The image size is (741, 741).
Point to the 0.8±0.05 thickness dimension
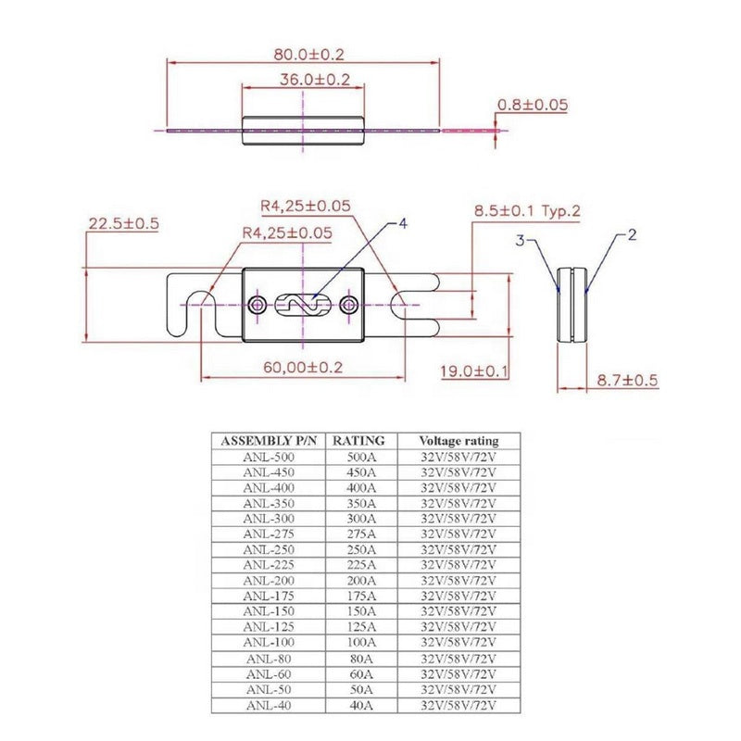point(532,105)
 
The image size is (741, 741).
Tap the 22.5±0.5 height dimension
point(124,223)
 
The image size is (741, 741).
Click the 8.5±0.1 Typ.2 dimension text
point(527,212)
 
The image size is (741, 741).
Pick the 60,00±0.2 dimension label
point(302,367)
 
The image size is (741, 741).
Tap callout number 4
point(404,223)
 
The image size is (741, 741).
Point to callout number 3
point(521,241)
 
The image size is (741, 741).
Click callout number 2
point(632,235)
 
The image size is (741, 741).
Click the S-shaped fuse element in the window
point(303,304)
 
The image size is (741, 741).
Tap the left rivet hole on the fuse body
point(257,304)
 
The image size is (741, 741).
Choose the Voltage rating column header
point(458,441)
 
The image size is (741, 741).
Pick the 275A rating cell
point(362,534)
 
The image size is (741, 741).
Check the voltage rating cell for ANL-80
point(458,658)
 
